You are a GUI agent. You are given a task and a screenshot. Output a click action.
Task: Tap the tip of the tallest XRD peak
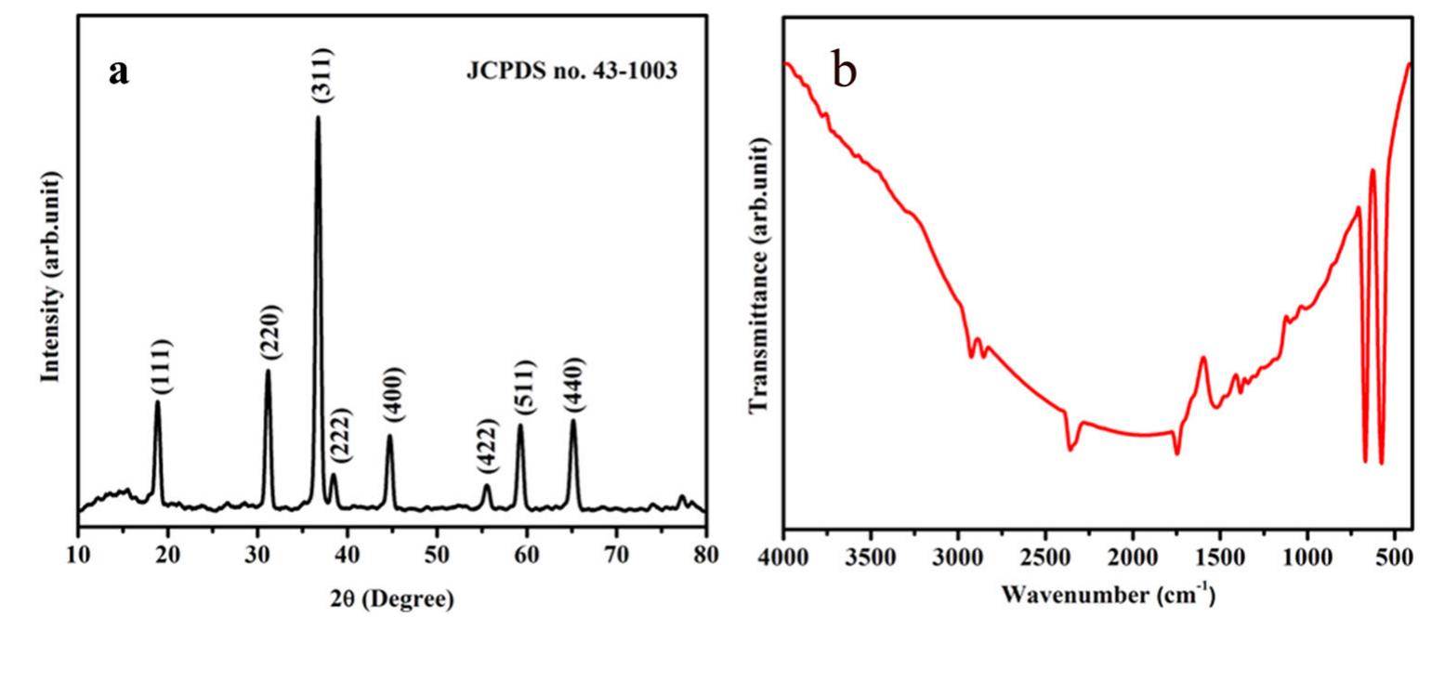pos(318,116)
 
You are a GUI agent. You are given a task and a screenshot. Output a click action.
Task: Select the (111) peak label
pos(162,367)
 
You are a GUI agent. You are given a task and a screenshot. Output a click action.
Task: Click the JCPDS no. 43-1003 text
pos(571,71)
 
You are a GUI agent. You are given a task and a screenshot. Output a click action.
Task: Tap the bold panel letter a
pos(118,71)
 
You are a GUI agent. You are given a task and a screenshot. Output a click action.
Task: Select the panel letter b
pos(844,71)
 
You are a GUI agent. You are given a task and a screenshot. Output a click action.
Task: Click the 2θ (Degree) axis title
pos(392,599)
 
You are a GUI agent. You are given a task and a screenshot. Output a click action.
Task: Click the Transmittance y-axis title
pos(759,274)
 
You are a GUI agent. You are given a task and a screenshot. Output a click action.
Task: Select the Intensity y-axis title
pos(51,276)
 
